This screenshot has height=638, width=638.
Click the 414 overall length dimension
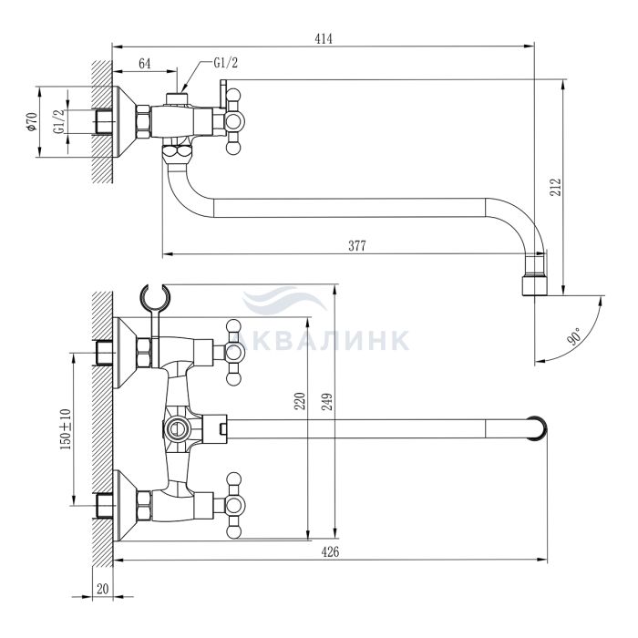[x=324, y=38]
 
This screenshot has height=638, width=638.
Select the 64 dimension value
[x=144, y=64]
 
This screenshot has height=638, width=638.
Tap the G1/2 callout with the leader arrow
[x=225, y=63]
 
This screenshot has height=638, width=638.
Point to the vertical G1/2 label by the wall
[x=59, y=121]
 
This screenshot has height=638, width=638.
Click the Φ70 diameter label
[x=32, y=122]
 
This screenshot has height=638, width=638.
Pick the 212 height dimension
[x=555, y=187]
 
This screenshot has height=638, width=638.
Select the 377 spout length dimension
[x=357, y=246]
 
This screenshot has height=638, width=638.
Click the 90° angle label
[x=575, y=335]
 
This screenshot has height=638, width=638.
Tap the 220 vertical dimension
[x=300, y=401]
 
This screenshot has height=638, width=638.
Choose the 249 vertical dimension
[x=327, y=401]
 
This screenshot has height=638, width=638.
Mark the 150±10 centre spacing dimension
[x=66, y=429]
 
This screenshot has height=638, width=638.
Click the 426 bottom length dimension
[x=330, y=552]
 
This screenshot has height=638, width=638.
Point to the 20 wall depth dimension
[x=103, y=589]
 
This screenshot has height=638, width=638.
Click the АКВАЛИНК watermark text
[x=325, y=341]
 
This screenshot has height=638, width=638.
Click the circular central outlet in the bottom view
[x=176, y=429]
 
